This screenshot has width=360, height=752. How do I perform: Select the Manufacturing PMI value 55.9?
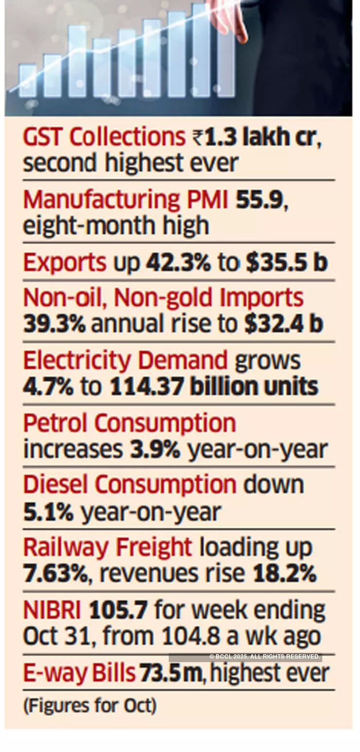click(x=259, y=200)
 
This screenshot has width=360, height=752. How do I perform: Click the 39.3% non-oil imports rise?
click(x=54, y=324)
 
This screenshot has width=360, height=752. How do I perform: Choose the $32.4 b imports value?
click(x=284, y=324)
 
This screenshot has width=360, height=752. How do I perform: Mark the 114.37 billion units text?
click(x=214, y=387)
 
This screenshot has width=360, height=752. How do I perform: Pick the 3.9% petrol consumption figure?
click(x=155, y=449)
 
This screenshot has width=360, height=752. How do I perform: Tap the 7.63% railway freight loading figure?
click(x=55, y=574)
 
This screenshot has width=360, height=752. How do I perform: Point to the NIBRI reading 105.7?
click(x=118, y=610)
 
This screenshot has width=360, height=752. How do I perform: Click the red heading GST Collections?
click(x=104, y=138)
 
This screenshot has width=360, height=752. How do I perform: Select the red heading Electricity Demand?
click(x=126, y=361)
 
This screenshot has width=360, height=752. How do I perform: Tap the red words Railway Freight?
click(x=108, y=548)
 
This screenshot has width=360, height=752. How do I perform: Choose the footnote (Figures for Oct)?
click(x=90, y=706)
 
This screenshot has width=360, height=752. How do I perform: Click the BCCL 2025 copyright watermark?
click(x=265, y=657)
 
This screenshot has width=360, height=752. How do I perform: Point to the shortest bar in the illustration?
click(x=27, y=81)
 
